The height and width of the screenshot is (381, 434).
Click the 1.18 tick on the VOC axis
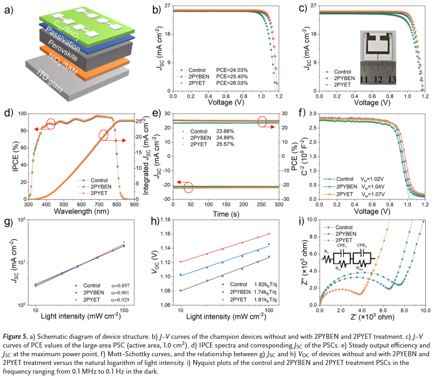(163, 220)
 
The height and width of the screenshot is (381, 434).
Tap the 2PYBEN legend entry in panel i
(346, 233)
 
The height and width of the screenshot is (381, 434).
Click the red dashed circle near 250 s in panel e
(262, 121)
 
